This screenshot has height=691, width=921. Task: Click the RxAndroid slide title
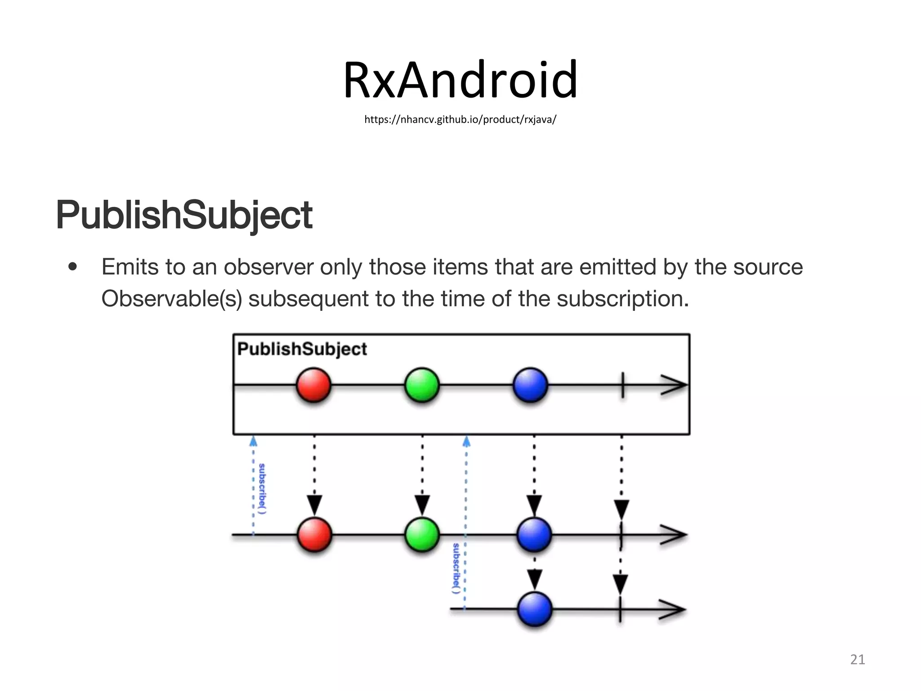(460, 80)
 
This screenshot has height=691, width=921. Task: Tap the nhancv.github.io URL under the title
(460, 120)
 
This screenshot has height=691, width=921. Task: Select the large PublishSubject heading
(184, 215)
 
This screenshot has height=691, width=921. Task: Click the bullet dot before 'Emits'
(73, 267)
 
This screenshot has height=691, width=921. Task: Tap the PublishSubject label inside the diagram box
(302, 349)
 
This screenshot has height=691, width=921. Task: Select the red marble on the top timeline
(313, 385)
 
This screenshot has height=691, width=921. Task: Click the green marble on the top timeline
(422, 385)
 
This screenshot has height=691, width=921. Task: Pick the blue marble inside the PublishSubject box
(531, 385)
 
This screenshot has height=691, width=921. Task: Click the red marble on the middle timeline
(314, 535)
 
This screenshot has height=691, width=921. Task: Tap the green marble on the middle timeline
(422, 535)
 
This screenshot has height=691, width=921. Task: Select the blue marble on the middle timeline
(534, 535)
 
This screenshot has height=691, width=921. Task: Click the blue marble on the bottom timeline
(535, 610)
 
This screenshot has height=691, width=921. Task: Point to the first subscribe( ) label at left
(262, 489)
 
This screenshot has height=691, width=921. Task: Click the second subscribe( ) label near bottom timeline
(456, 568)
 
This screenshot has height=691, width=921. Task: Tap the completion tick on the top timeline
(623, 385)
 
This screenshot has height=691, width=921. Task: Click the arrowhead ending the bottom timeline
(673, 610)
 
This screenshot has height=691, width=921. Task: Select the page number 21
(858, 660)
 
